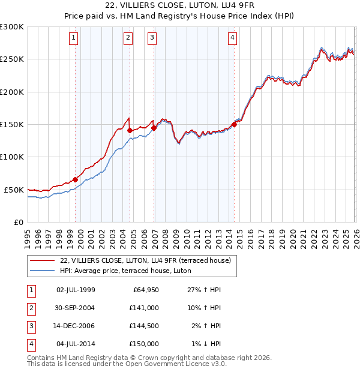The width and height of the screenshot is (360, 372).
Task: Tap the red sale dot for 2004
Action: click(130, 130)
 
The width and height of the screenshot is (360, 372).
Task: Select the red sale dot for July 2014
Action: click(234, 124)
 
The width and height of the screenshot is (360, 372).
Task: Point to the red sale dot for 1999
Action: click(75, 179)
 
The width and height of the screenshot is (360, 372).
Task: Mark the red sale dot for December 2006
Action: click(154, 128)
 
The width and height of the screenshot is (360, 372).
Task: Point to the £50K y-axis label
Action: click(14, 190)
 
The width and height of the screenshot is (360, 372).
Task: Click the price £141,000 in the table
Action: click(145, 307)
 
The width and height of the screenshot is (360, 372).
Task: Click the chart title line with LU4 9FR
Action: click(179, 5)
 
